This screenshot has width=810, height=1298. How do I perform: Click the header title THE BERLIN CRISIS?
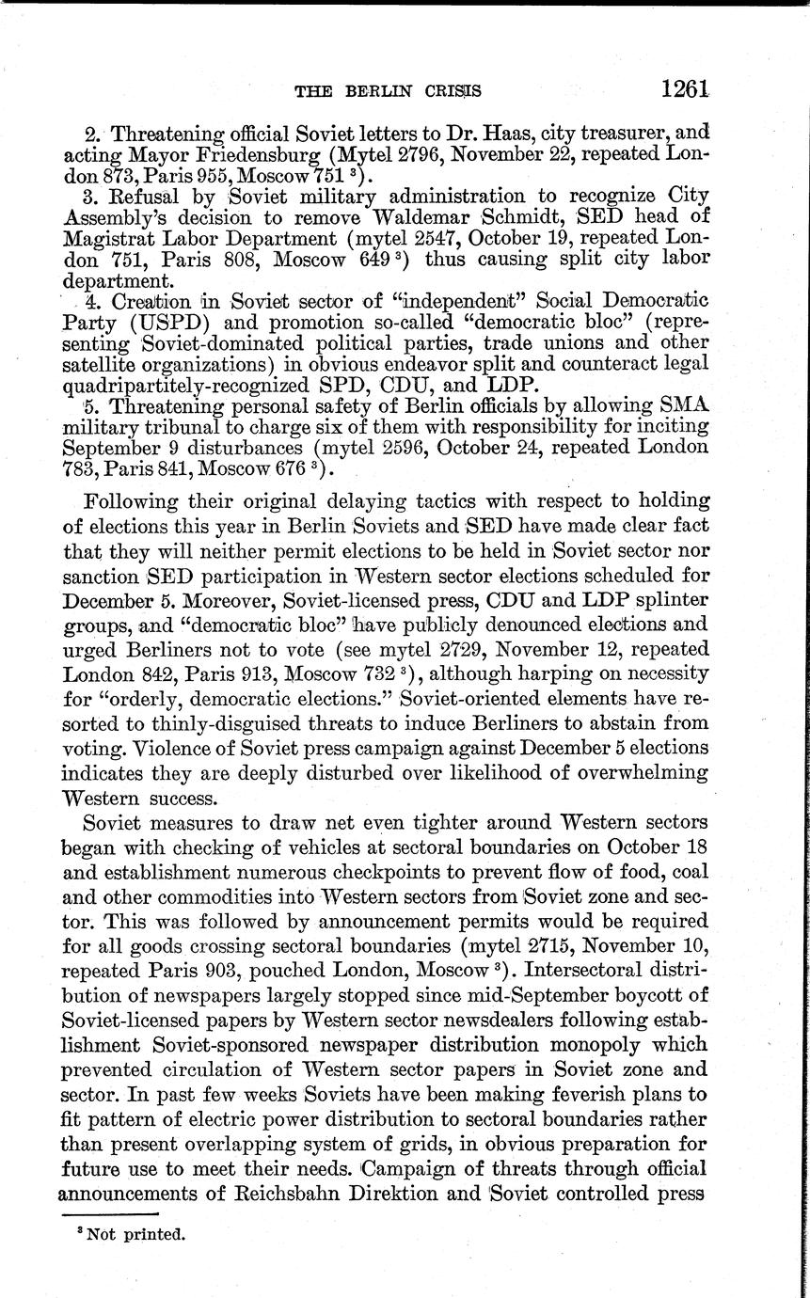tap(389, 91)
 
